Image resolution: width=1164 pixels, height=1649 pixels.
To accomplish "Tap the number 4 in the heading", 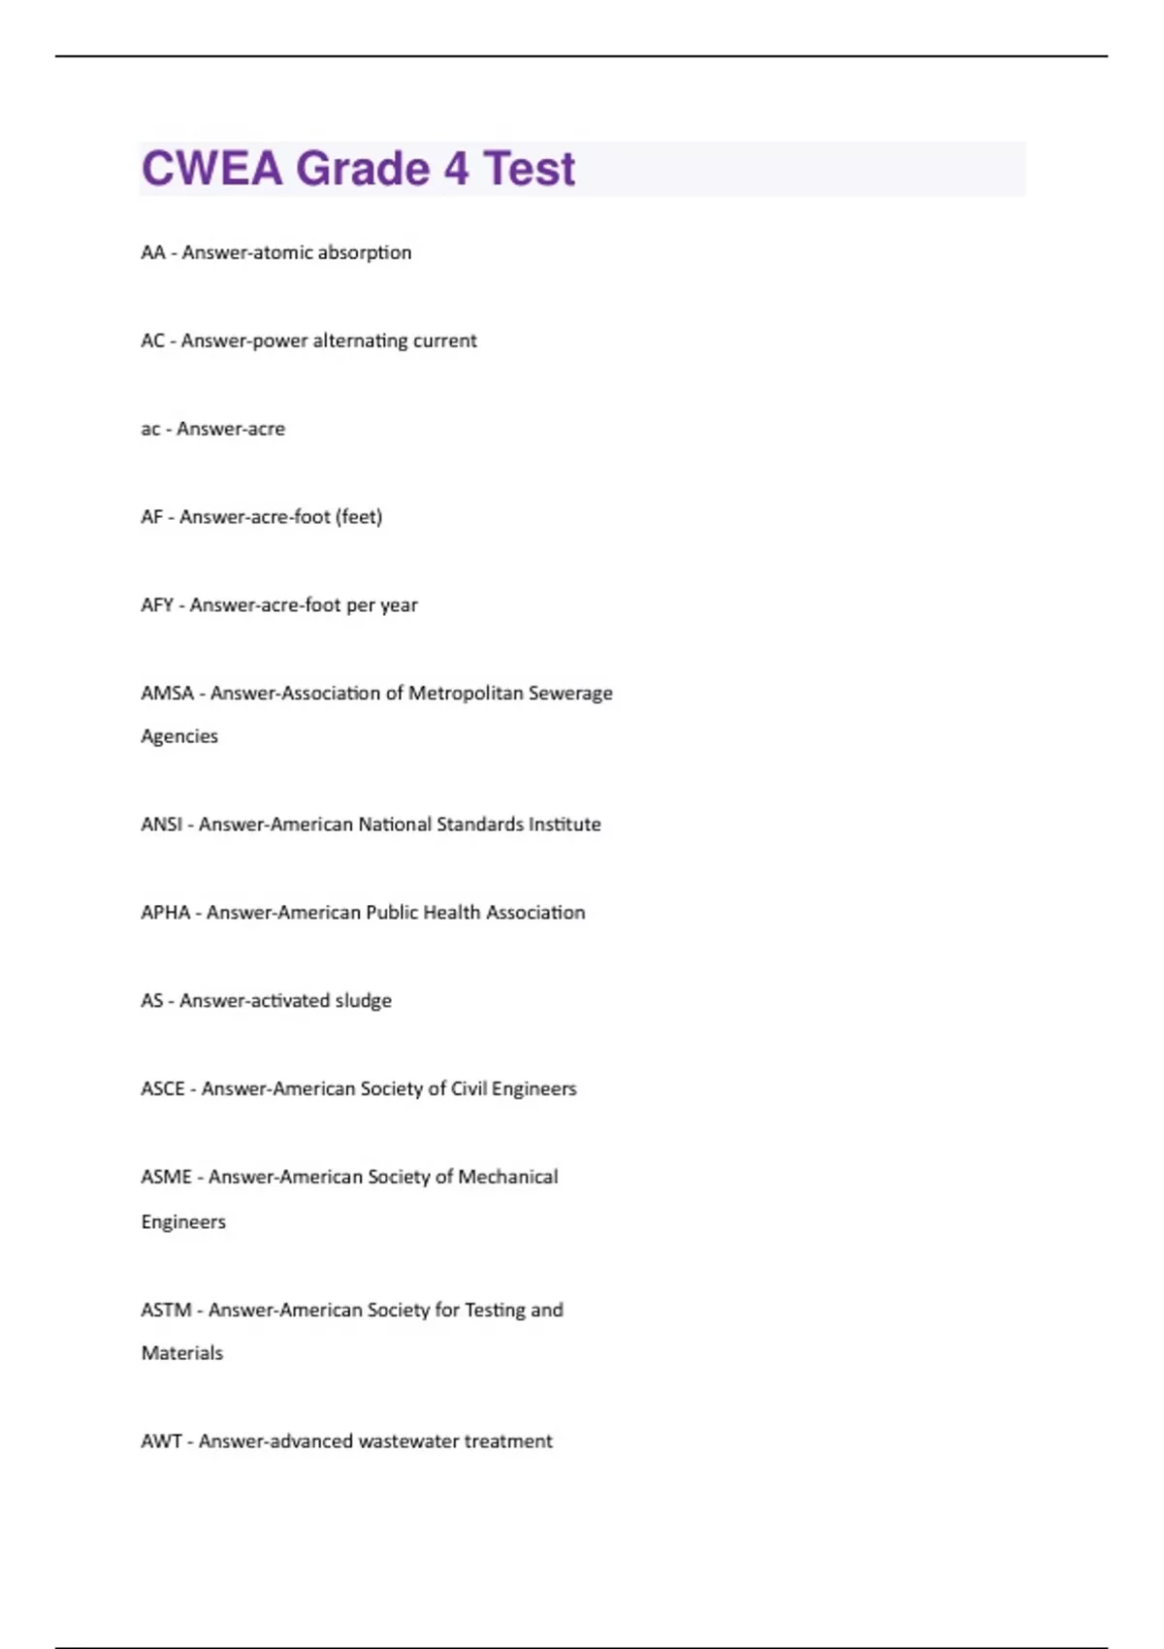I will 456,169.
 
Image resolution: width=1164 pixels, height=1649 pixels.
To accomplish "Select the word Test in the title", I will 530,169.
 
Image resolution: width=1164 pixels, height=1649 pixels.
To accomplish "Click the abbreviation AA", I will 153,252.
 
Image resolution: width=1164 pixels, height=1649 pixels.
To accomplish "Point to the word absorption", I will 365,252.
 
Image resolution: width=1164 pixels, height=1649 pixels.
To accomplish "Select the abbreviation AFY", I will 157,605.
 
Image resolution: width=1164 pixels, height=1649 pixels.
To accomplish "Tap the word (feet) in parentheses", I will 359,517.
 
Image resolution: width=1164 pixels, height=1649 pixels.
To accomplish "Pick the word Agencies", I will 179,736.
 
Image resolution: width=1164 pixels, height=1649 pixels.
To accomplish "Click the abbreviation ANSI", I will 161,824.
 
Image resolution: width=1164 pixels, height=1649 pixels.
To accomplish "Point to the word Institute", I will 565,824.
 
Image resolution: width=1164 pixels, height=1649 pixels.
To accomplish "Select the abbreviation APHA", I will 166,913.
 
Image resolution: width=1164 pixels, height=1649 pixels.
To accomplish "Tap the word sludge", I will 364,1001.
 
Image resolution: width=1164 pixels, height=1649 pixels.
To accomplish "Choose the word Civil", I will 469,1089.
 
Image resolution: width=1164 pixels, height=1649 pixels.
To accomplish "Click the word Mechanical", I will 508,1178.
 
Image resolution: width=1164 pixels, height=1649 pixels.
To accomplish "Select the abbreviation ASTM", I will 166,1310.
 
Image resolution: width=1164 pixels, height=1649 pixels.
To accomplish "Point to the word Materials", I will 182,1353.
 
